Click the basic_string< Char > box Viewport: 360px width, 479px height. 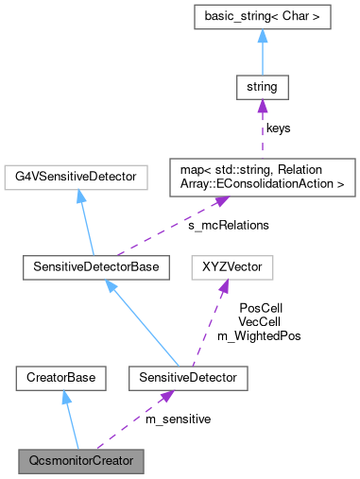pos(262,17)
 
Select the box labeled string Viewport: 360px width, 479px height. pos(262,90)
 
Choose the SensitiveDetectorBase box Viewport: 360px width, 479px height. pos(95,268)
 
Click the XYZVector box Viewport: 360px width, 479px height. pos(232,268)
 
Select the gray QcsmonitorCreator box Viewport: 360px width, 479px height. pos(81,463)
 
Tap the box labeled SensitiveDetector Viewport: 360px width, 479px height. pos(177,380)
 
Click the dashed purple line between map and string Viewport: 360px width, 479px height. pos(262,132)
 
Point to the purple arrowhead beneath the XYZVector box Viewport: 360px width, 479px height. pos(224,288)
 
